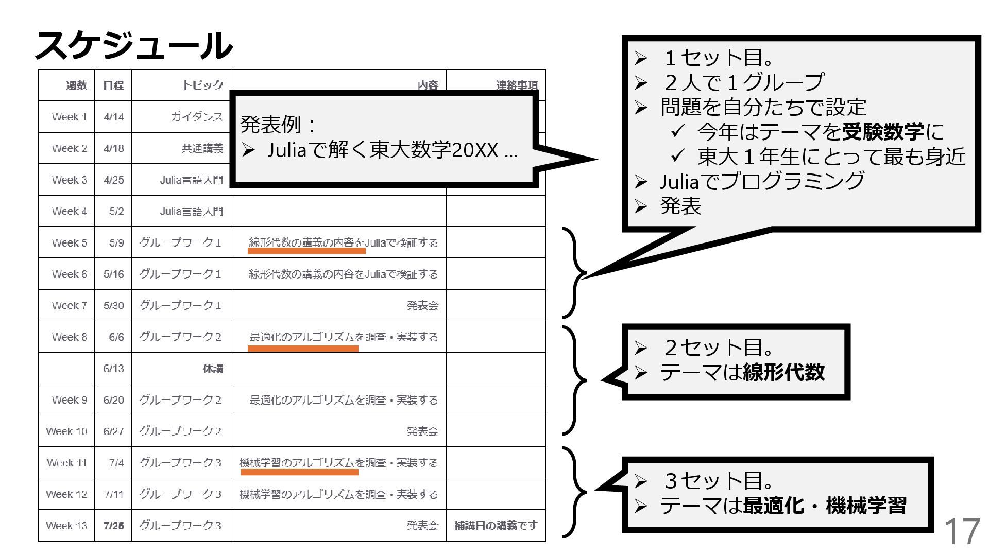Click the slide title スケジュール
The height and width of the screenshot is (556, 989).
(133, 45)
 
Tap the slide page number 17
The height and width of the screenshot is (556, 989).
(961, 531)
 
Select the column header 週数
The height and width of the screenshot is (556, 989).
(76, 85)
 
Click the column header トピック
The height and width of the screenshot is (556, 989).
(202, 85)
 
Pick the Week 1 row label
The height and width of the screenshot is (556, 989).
(69, 117)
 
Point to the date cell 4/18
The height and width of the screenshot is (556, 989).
(113, 148)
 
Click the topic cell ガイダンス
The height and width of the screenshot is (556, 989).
(197, 117)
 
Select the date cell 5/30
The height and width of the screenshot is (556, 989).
(113, 305)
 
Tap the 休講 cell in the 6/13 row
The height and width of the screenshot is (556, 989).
(213, 369)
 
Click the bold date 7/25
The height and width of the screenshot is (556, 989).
(113, 526)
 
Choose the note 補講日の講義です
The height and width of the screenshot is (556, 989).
(496, 526)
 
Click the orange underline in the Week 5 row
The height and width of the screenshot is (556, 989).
(306, 251)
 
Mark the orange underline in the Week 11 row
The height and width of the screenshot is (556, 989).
(299, 472)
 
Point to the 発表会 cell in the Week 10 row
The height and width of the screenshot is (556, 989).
(422, 431)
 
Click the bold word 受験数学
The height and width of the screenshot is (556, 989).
(883, 132)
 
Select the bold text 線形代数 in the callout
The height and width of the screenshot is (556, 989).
(783, 372)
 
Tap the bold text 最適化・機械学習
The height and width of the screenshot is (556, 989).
(824, 506)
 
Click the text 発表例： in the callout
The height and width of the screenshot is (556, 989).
(278, 125)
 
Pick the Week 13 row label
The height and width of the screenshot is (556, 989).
(66, 526)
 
